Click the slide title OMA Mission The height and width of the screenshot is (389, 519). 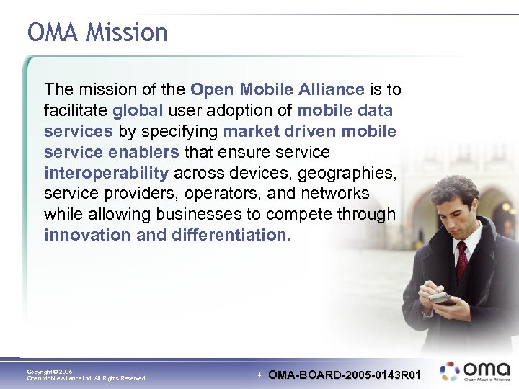[97, 33]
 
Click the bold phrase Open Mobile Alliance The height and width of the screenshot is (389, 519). [277, 90]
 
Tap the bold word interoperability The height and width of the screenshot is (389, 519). [106, 173]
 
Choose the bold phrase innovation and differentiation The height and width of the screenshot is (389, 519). [165, 235]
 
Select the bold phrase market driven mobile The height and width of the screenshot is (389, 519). [310, 132]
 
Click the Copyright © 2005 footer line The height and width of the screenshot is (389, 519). [50, 371]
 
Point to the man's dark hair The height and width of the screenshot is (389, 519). [454, 191]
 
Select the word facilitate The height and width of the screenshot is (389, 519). [75, 111]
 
